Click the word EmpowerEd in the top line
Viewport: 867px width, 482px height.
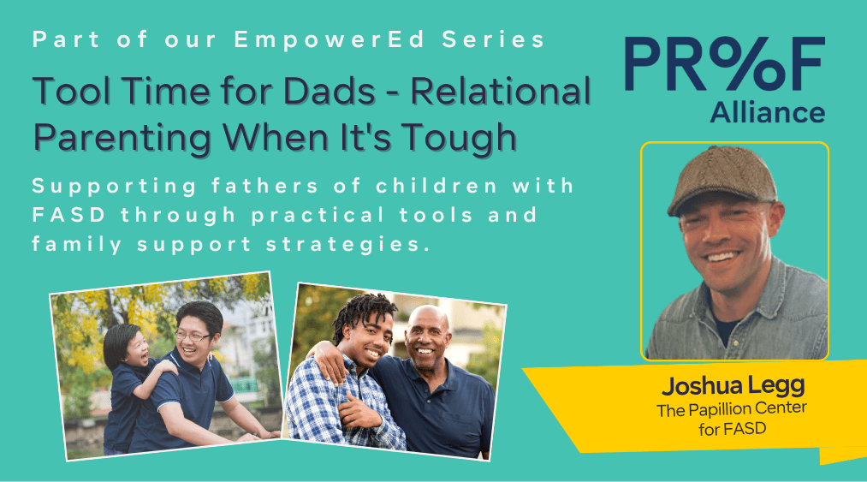click(x=330, y=40)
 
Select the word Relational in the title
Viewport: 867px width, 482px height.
click(x=501, y=91)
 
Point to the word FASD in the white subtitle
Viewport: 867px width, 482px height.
click(x=69, y=215)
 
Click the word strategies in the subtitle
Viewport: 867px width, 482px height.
click(x=347, y=245)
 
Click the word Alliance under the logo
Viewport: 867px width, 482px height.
click(x=768, y=112)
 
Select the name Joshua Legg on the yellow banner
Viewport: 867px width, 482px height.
click(x=733, y=386)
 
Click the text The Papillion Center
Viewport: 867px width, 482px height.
click(x=732, y=410)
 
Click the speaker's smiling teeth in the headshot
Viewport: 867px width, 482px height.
click(x=722, y=257)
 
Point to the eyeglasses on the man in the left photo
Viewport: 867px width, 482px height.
click(x=192, y=336)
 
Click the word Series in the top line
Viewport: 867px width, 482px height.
click(x=493, y=40)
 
